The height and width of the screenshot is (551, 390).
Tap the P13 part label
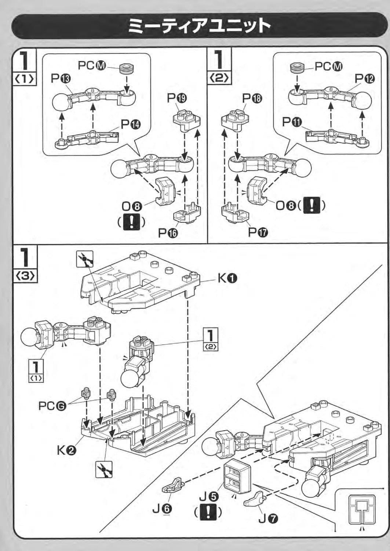[61, 79]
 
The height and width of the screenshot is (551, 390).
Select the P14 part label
[131, 125]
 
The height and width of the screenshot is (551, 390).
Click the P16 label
[168, 233]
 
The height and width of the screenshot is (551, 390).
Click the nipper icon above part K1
[85, 259]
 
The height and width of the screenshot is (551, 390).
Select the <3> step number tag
[25, 276]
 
